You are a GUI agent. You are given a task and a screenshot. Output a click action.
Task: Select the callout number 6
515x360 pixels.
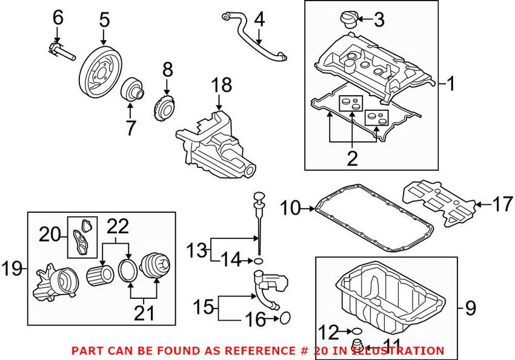[58, 18]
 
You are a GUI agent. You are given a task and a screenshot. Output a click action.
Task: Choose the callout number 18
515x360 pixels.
[222, 85]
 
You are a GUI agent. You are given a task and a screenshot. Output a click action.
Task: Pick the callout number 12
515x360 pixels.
[330, 332]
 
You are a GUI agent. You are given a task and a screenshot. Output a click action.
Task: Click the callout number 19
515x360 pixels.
[13, 267]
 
